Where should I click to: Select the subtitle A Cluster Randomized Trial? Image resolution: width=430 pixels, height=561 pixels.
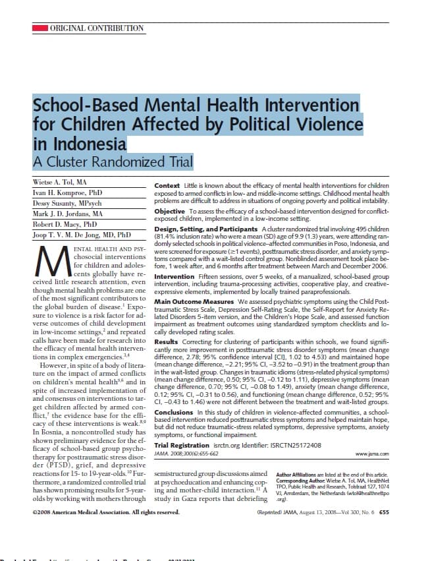(113, 162)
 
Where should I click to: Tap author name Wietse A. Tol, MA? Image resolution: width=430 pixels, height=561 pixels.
(59, 181)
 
